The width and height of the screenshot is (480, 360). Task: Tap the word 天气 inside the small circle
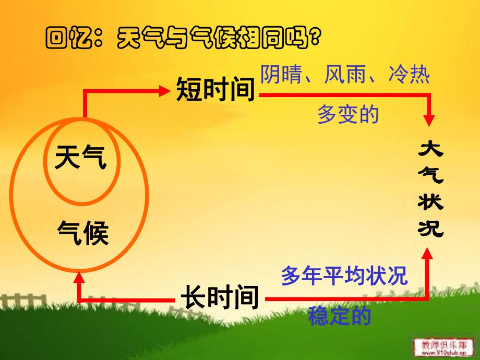(80, 157)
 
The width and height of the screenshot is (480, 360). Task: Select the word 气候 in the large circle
(82, 233)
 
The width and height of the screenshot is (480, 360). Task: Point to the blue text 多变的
(348, 114)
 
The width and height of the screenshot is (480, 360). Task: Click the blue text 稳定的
(340, 316)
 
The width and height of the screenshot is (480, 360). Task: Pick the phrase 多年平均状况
(344, 275)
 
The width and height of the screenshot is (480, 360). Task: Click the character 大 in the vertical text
(430, 151)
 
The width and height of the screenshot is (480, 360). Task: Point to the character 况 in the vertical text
(430, 227)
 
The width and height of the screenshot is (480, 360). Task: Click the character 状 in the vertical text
(430, 202)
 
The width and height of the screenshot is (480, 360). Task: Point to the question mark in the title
(314, 38)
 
